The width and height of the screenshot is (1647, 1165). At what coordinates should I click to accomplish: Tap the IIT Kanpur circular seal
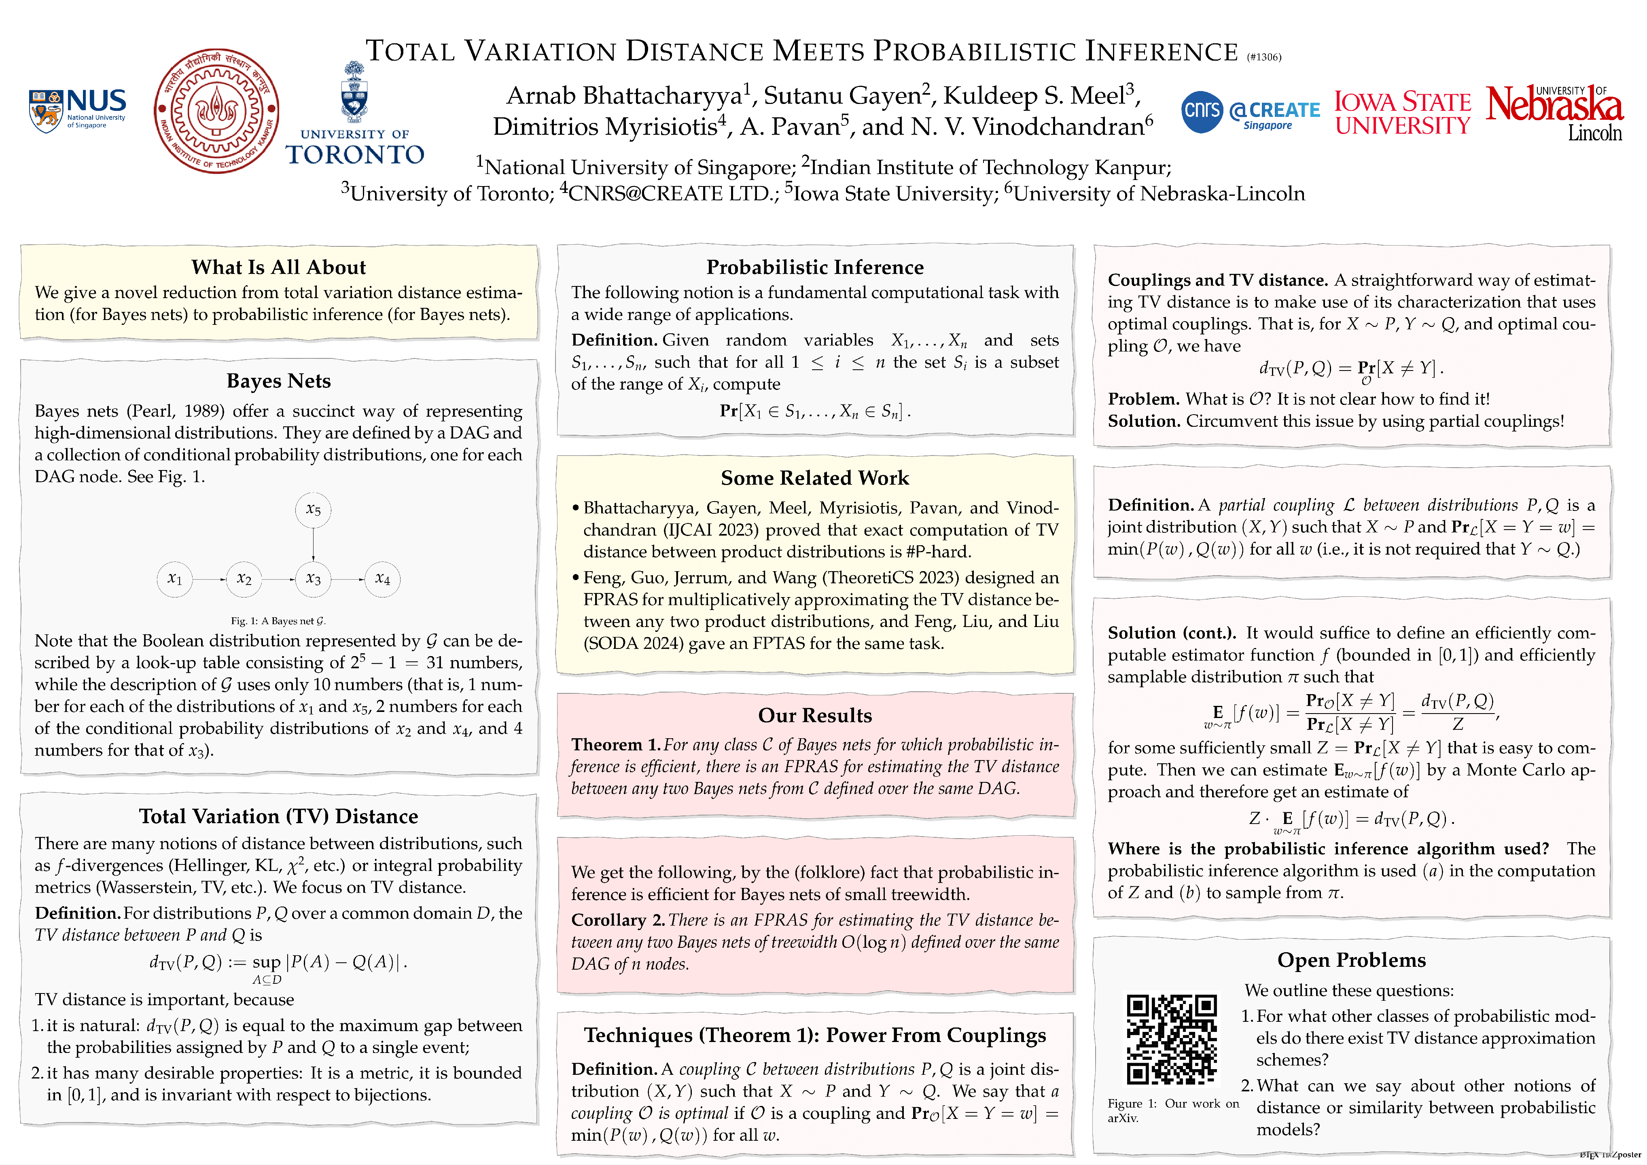point(216,111)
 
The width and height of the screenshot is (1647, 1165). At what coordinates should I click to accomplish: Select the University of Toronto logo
point(354,115)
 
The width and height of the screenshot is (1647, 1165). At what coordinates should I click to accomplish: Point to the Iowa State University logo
point(1402,112)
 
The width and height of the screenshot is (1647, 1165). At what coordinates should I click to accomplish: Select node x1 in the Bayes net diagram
point(174,579)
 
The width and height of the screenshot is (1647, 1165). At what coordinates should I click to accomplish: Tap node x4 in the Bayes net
point(382,579)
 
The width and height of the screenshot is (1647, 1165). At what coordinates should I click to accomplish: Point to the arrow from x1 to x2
point(210,579)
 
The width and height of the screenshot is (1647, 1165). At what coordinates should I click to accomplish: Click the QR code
point(1171,1039)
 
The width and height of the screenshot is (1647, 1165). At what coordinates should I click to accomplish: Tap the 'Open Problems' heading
point(1351,960)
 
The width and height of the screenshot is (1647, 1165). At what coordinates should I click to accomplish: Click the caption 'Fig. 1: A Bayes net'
point(278,621)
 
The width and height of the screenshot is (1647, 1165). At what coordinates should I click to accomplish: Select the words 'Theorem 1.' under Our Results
point(615,745)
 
